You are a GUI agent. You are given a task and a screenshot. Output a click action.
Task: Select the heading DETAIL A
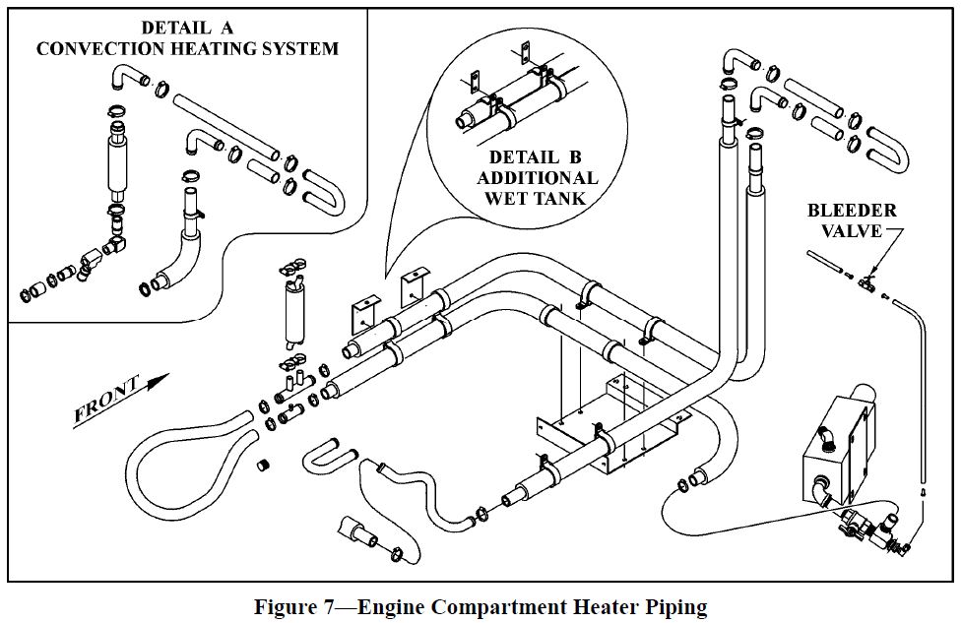[x=187, y=28]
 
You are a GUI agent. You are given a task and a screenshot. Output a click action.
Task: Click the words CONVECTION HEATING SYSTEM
[x=187, y=48]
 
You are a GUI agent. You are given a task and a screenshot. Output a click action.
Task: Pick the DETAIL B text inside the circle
[x=536, y=157]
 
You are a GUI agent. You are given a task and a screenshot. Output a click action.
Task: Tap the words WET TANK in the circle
[x=536, y=198]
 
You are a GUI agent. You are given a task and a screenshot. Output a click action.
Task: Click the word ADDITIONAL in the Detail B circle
[x=536, y=178]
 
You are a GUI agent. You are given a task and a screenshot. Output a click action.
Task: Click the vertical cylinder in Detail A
[x=118, y=162]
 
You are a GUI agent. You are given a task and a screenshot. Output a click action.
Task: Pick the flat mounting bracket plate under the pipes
[x=601, y=423]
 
